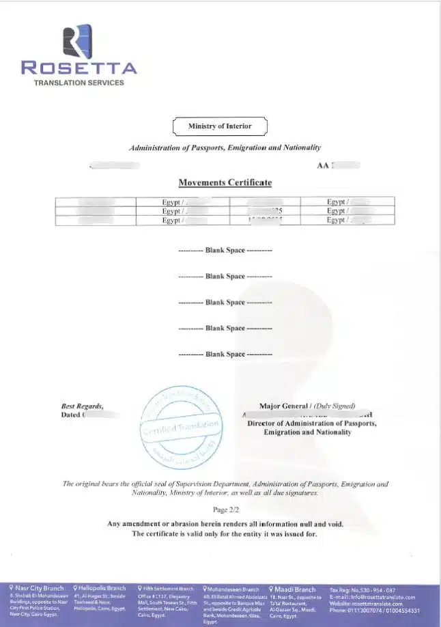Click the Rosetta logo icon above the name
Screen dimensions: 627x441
tap(77, 40)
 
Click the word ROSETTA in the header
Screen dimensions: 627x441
tap(79, 68)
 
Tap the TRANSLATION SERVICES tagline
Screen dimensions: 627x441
tap(79, 83)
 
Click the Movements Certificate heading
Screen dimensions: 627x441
tap(225, 183)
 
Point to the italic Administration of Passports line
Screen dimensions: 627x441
tap(225, 148)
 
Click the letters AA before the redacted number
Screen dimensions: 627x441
tap(322, 166)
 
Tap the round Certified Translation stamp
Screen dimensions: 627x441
tap(182, 423)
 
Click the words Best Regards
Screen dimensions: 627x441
tap(82, 406)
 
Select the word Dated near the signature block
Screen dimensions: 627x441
tap(71, 415)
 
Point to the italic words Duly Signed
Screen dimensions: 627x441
tap(335, 406)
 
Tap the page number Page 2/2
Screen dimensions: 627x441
tap(225, 510)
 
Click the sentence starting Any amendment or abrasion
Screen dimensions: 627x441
tap(225, 524)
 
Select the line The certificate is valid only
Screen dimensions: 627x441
tap(225, 533)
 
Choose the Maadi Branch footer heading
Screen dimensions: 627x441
tap(296, 589)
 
